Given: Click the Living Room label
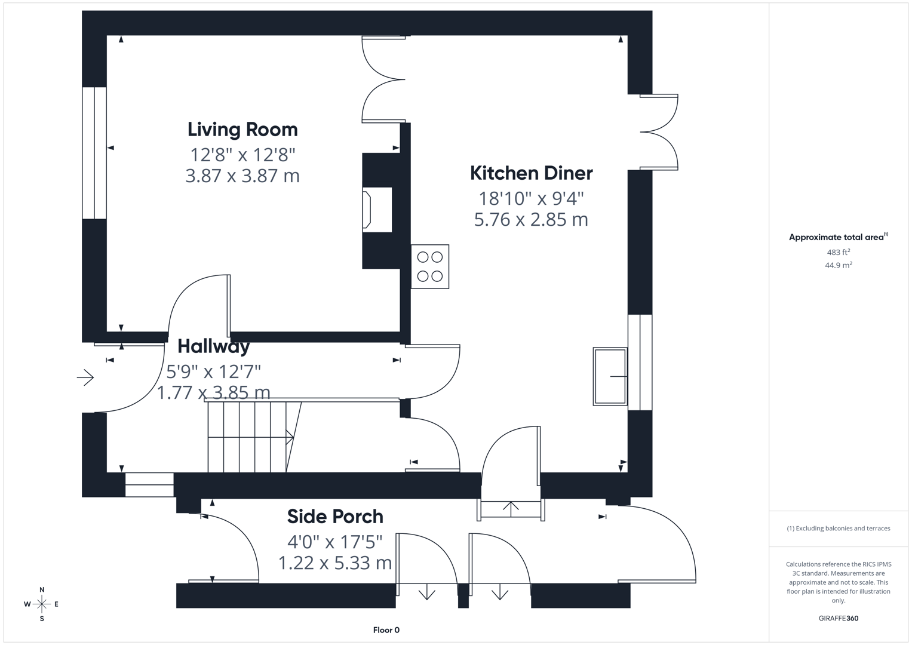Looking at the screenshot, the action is tap(242, 130).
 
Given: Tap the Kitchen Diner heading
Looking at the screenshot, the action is tap(532, 173).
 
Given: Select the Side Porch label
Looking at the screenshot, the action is tap(335, 517).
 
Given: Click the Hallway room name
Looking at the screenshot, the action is tap(213, 346).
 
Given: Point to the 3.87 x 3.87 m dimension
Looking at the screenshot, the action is tap(242, 176).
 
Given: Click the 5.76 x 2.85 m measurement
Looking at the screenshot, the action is tap(532, 220).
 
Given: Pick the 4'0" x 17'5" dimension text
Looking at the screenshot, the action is tap(335, 542).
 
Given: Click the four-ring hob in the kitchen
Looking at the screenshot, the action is tap(430, 267).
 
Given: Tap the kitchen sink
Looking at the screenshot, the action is tap(610, 376).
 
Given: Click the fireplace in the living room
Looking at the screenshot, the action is tap(377, 210).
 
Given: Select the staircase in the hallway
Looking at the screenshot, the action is tap(254, 437).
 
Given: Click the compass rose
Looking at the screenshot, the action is tap(42, 604).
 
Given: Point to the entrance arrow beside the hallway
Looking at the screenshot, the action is tap(85, 377).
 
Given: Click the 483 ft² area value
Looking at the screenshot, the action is tap(839, 252).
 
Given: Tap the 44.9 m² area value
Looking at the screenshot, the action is tap(839, 265).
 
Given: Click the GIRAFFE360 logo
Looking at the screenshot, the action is tap(839, 618).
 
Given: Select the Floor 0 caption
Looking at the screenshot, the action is tap(386, 630).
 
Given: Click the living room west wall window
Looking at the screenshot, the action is tap(94, 153).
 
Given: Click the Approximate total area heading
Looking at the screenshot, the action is tap(839, 237).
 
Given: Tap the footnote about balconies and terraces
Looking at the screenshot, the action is tap(839, 528).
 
